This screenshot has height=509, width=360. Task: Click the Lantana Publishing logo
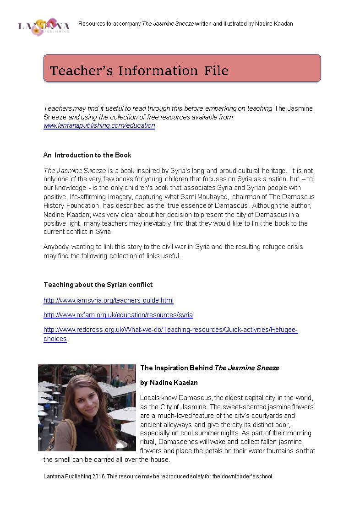[x=44, y=27]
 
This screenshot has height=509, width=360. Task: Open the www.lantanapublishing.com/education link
[x=99, y=125]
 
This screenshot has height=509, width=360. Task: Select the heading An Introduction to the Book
[x=87, y=155]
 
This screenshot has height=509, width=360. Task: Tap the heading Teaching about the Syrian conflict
[x=98, y=285]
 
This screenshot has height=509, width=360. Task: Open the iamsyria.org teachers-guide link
[x=109, y=300]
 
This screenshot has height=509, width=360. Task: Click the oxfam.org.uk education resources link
[x=118, y=315]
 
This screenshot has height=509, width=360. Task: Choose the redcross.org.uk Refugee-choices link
[x=170, y=330]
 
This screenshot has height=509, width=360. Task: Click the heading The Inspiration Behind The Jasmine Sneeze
[x=209, y=368]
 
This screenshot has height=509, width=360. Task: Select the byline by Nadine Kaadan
[x=169, y=383]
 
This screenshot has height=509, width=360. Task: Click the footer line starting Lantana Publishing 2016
[x=158, y=477]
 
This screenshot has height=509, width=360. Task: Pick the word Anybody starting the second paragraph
[x=57, y=247]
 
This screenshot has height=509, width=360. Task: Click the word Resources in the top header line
[x=92, y=23]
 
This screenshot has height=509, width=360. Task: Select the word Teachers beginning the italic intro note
[x=58, y=108]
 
